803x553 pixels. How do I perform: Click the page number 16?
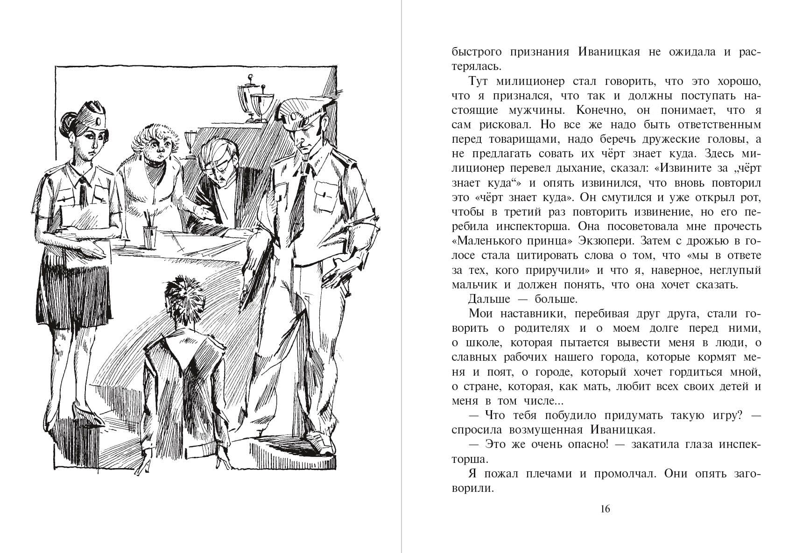coord(605,509)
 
